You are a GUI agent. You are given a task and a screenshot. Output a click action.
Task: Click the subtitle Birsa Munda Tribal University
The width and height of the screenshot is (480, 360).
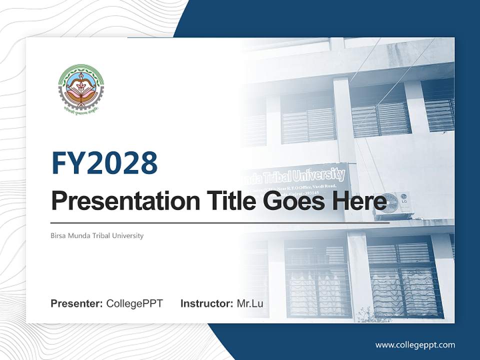[x=97, y=235]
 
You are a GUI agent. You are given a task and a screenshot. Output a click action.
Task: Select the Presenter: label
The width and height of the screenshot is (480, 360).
[x=77, y=303]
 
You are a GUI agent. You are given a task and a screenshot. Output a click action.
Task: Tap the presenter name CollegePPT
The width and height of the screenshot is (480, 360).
[x=134, y=303]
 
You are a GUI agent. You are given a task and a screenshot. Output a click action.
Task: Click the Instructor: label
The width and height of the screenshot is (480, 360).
[x=206, y=303]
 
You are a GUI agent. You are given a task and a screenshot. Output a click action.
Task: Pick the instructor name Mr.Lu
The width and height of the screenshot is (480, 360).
[x=250, y=303]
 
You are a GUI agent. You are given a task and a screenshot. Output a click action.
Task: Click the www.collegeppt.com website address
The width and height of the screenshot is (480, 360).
[x=415, y=345]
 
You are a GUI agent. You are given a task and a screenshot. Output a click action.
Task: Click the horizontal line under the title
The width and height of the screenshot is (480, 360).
[x=220, y=222]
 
